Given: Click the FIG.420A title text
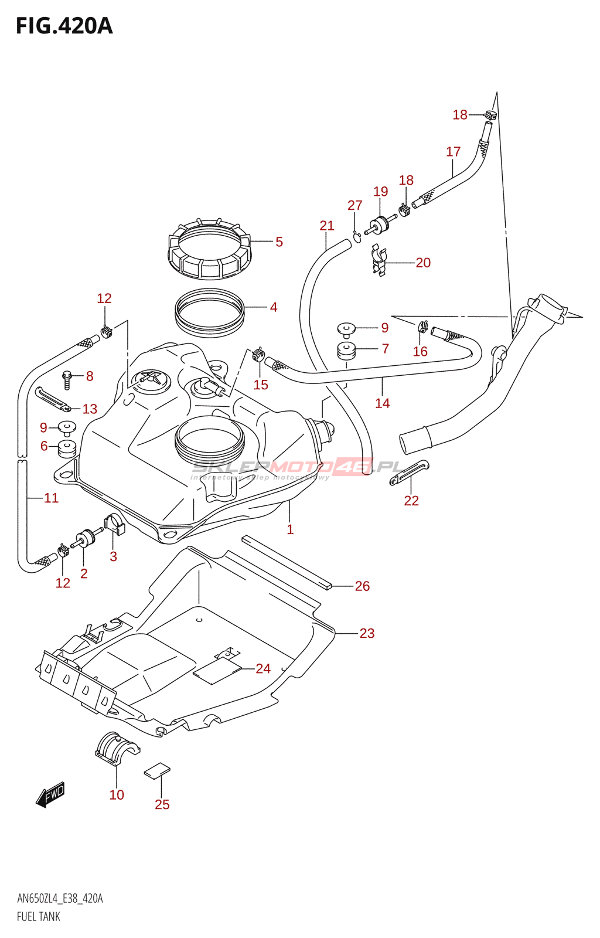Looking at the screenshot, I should [x=64, y=26].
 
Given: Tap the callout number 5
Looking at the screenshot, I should [x=279, y=242].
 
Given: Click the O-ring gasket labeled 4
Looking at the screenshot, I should [x=209, y=314].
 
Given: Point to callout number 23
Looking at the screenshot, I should [x=367, y=633].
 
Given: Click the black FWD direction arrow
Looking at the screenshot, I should [x=50, y=796].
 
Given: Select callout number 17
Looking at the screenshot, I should [x=453, y=152].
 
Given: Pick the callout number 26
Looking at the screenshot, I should [x=362, y=586].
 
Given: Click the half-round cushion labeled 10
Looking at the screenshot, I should [x=116, y=748].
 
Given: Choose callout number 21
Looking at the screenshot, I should [x=327, y=226].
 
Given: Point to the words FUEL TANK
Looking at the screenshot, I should [x=39, y=917].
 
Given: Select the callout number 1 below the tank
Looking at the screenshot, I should [x=290, y=529].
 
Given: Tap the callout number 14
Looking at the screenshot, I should [x=382, y=403].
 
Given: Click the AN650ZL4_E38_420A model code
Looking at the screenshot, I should [x=60, y=899].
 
